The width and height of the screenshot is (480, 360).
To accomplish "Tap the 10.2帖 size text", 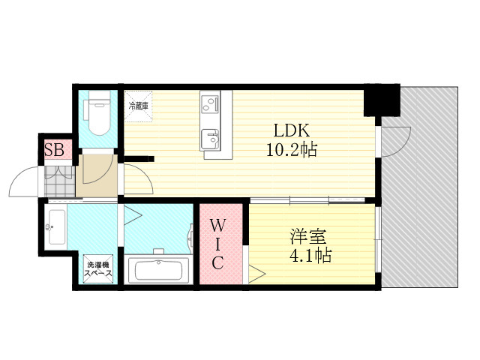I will tap(291, 149).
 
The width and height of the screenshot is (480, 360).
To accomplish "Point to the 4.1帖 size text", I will tap(310, 256).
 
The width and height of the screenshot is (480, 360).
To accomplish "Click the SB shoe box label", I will tap(54, 149).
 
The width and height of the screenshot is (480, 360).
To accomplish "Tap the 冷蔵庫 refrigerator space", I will tap(138, 106).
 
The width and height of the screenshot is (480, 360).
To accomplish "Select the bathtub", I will tap(158, 269).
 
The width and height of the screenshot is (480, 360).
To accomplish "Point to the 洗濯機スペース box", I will tap(98, 269).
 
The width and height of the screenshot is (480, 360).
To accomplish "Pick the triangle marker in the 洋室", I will tap(255, 273).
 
